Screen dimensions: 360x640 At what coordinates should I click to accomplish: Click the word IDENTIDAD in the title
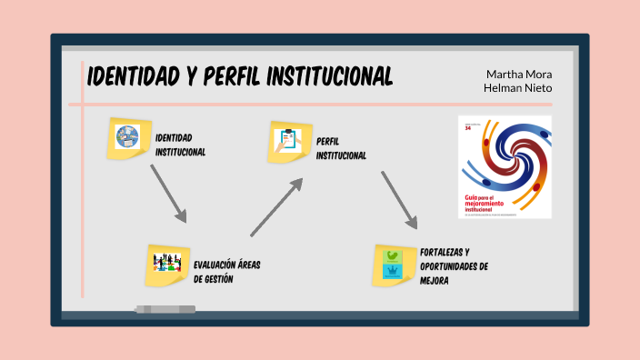pos(133,77)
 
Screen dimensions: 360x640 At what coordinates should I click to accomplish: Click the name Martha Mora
pos(519,74)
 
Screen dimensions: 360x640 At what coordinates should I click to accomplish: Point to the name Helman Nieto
pos(519,88)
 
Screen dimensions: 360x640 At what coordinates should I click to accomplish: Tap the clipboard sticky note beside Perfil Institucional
pos(289,142)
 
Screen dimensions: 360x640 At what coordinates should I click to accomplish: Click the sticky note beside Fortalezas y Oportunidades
pos(394,265)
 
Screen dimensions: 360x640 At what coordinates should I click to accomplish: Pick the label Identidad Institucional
pos(180,145)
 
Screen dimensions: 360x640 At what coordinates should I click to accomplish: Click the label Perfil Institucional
pos(341,148)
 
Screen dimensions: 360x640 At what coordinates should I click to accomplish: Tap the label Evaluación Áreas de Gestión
pos(226,272)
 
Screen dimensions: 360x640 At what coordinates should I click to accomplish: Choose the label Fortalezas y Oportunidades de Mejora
pos(455,265)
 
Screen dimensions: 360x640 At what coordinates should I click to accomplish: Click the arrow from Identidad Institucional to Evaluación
pos(167,194)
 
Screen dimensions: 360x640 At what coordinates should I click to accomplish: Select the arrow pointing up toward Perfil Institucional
pos(276,206)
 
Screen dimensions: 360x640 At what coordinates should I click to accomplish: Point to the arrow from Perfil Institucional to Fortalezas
pos(399,199)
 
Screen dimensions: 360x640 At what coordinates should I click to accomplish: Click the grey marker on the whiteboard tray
pos(165,309)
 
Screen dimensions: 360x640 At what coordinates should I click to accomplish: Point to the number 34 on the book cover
pos(468,129)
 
